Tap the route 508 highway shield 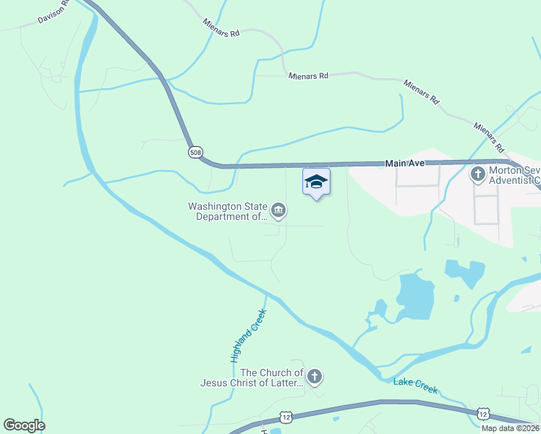pos(195,152)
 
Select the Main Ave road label pos(405,164)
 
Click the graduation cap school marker pos(316,181)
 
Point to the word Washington pos(214,205)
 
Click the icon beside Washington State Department pos(278,210)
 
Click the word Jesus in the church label pos(216,383)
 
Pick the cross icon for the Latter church pos(314,376)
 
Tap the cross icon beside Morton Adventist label pos(477,174)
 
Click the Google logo pos(24,425)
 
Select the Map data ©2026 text pos(510,428)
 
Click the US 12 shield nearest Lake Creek pos(482,413)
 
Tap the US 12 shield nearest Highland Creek pos(286,418)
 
